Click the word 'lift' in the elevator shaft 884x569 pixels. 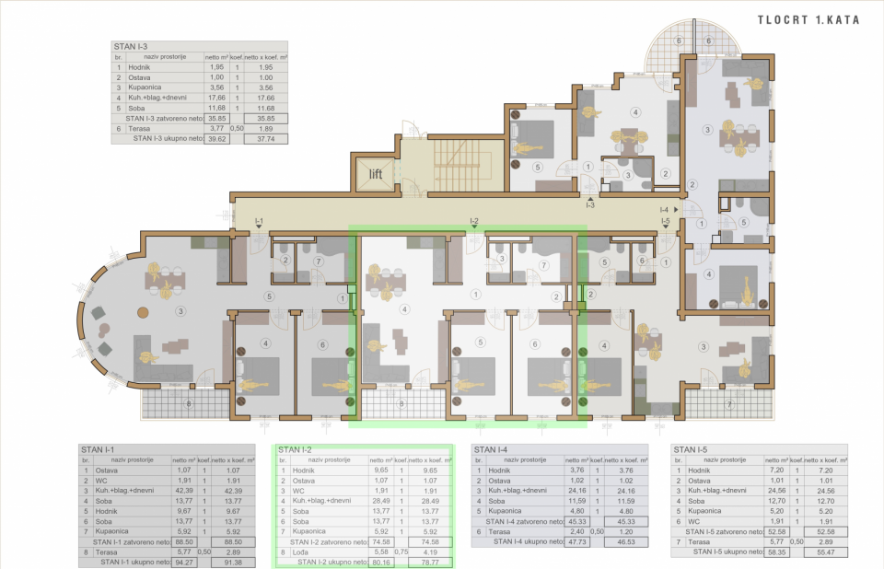coord(377,174)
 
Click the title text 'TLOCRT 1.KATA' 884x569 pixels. coord(809,19)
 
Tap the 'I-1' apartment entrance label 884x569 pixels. coord(260,221)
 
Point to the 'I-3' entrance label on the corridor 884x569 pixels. coord(590,204)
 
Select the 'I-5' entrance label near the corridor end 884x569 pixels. coord(665,222)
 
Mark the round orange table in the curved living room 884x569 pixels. coord(141,312)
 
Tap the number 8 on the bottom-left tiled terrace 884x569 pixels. coord(189,401)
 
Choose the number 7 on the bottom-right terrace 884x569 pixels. coord(727,403)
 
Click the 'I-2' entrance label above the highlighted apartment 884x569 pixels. coord(473,221)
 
